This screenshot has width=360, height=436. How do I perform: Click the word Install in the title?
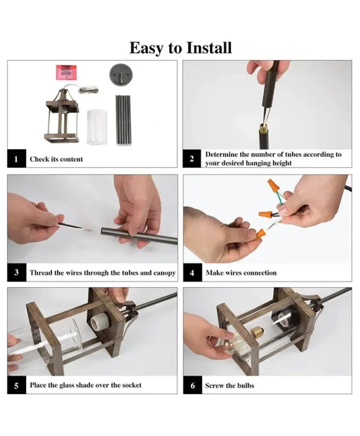[209, 48]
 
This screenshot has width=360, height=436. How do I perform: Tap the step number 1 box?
[17, 158]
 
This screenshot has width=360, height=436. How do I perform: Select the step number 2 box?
[192, 158]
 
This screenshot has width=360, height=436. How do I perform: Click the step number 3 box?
[17, 272]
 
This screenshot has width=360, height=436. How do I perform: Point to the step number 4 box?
[193, 272]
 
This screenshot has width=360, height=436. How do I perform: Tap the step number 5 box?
[17, 385]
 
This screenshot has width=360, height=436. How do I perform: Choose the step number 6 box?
[193, 385]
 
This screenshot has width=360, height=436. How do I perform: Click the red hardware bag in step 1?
[66, 72]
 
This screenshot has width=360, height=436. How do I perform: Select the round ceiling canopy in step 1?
[121, 75]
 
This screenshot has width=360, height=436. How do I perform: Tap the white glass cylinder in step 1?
[97, 127]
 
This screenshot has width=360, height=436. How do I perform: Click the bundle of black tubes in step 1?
[123, 120]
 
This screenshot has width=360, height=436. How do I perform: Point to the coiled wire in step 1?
[89, 89]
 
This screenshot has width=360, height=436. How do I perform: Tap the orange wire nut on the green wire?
[273, 186]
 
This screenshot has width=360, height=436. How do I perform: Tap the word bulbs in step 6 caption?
[246, 385]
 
